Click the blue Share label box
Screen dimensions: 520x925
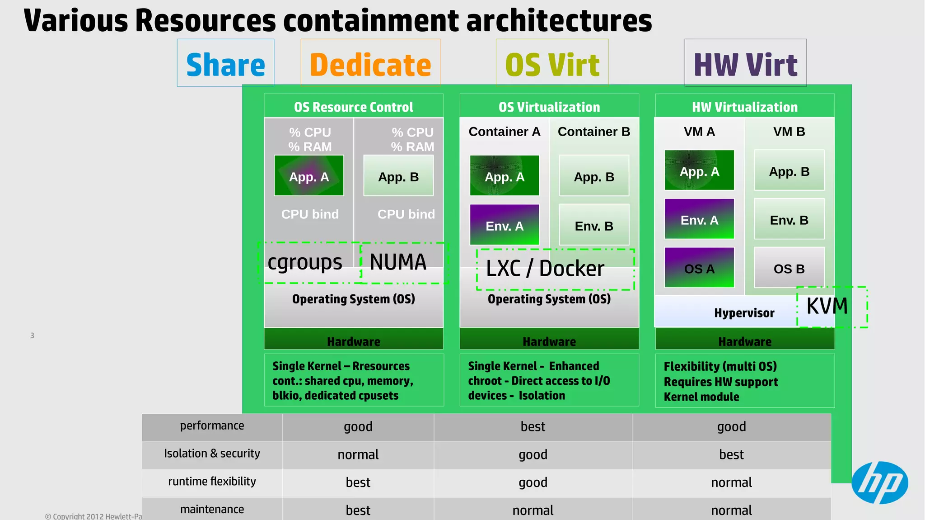[x=225, y=63]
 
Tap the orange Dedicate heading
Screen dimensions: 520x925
[x=370, y=63]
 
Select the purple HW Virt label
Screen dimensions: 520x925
[x=745, y=63]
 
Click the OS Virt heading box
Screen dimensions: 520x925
[x=552, y=63]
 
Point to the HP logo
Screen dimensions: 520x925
[x=879, y=482]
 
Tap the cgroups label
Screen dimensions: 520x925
[x=305, y=263]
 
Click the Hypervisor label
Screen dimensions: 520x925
[x=744, y=313]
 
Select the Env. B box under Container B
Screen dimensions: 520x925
[x=594, y=225]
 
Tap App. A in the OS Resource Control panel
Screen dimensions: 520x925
[x=309, y=176]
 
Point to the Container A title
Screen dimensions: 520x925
[x=504, y=132]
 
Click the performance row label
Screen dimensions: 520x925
[x=212, y=426]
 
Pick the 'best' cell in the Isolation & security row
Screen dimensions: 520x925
[x=731, y=454]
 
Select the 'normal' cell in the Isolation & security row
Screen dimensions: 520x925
[x=358, y=454]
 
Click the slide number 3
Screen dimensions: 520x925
[x=32, y=336]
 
